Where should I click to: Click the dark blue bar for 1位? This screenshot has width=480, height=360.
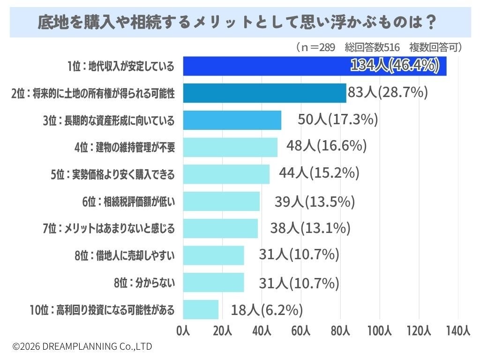[x=315, y=66]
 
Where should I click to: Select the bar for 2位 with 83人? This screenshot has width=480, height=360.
[x=265, y=93]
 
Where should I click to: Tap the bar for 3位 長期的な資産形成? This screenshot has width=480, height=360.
[x=232, y=120]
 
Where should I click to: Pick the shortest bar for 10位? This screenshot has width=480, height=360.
[x=201, y=309]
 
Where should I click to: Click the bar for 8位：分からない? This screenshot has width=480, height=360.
[x=214, y=282]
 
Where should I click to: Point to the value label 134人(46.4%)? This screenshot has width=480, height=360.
[x=395, y=65]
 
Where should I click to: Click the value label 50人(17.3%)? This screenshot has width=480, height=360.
[x=338, y=119]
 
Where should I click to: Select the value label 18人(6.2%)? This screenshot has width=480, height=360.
[x=267, y=310]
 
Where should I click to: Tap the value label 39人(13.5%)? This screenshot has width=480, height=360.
[x=315, y=202]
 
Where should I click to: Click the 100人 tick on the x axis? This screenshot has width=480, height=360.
[x=380, y=331]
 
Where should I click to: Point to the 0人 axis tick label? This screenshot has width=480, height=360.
[x=183, y=331]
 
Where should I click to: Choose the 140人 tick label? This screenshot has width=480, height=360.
[x=458, y=331]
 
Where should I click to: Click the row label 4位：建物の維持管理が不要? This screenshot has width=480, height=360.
[x=125, y=147]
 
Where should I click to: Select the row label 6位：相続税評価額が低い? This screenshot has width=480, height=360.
[x=128, y=202]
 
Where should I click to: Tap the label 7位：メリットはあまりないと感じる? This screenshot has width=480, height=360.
[x=109, y=228]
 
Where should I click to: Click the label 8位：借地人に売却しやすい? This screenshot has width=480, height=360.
[x=125, y=255]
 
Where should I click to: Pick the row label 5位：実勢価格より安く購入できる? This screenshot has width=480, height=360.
[x=112, y=174]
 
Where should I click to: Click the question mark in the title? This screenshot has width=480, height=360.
[x=431, y=22]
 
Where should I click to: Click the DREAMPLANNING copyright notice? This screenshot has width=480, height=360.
[x=82, y=346]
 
